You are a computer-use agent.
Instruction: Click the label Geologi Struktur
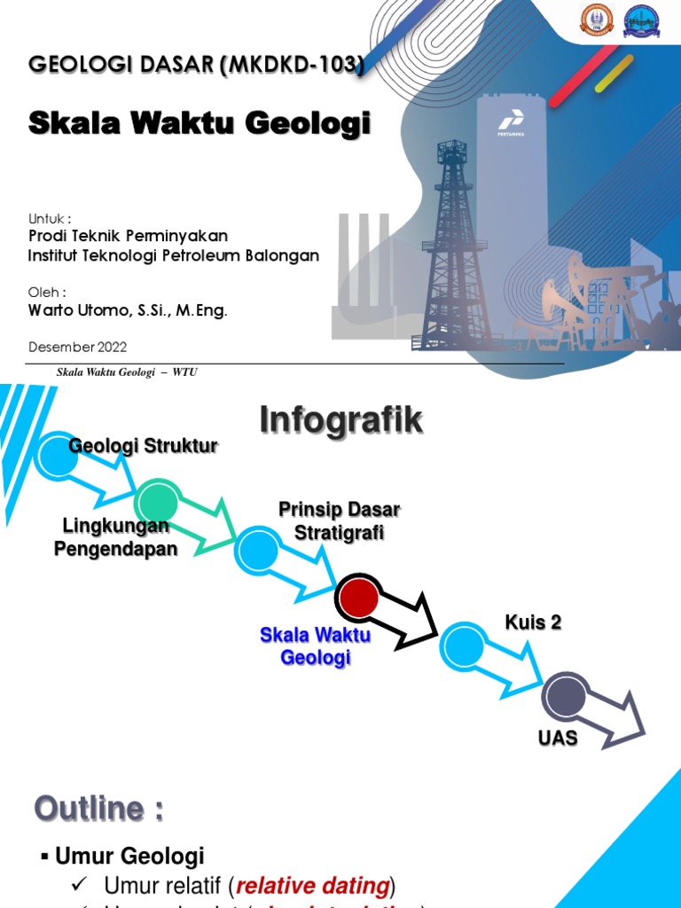coord(143,446)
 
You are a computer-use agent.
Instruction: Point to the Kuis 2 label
coord(533,622)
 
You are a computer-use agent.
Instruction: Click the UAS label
coord(558,738)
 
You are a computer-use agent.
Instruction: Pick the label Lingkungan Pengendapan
coord(115,537)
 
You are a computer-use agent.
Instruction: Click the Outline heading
coord(98,809)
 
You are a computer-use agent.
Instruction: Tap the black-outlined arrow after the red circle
coord(408,622)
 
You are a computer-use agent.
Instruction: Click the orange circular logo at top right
coord(597,20)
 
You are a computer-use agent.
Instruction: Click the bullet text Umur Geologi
coord(129,856)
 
